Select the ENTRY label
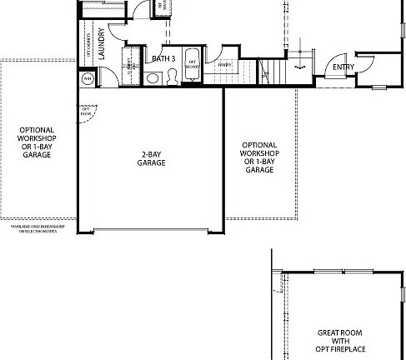coord(343,67)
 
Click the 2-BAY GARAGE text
coord(151,158)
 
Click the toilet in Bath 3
coord(171,77)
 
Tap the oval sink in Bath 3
coord(153,78)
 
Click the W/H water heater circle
coord(88,78)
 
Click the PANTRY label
coord(224,65)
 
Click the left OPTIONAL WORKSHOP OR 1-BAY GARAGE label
coord(38,142)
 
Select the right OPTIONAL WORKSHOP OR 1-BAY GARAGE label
coord(259,157)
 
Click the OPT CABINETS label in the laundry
coord(87,42)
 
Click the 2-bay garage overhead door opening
coord(150,231)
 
